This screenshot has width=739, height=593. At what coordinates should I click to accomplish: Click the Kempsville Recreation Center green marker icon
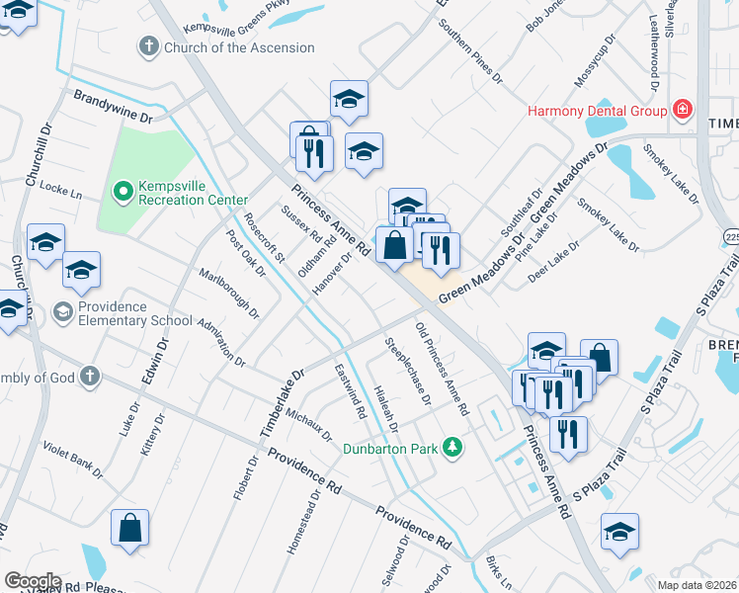point(123,191)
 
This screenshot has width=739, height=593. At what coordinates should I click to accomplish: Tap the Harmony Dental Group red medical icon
point(681,110)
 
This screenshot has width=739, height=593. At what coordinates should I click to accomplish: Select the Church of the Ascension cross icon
point(149,46)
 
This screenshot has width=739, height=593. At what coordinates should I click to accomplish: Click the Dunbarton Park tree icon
point(452,448)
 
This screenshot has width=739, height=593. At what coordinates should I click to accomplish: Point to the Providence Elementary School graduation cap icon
point(61,312)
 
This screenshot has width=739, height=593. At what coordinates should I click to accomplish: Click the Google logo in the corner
point(33,581)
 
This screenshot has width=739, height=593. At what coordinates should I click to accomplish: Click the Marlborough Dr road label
point(229,293)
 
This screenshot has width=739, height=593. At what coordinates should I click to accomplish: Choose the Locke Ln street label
point(61,189)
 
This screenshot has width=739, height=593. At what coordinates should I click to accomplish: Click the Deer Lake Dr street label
point(552,263)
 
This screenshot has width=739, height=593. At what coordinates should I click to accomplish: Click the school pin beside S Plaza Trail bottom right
point(619,532)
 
